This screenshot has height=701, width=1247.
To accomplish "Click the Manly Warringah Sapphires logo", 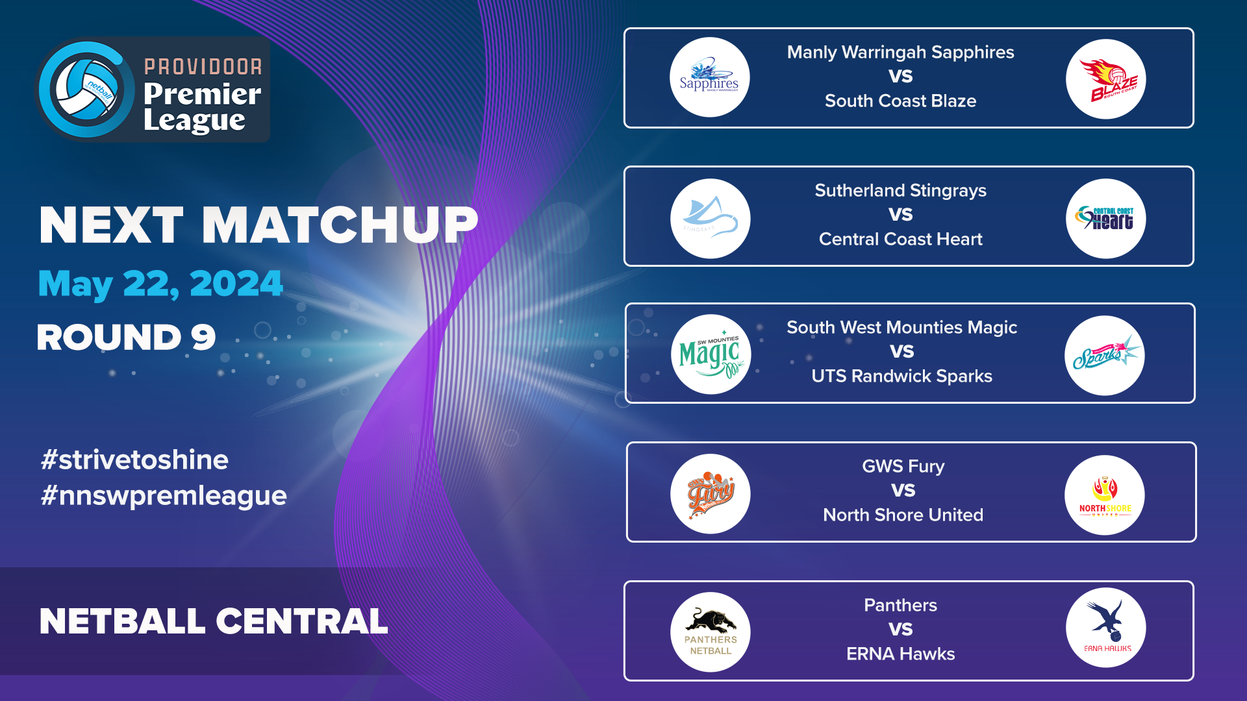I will (x=709, y=78).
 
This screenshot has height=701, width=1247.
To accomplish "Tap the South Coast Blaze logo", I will (x=1105, y=79).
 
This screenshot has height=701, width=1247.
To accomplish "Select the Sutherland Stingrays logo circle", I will (x=710, y=219).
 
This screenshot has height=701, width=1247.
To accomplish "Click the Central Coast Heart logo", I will (x=1105, y=219).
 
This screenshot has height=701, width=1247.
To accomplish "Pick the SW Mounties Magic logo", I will (x=711, y=354).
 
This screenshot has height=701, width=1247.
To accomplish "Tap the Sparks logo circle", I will (x=1104, y=356).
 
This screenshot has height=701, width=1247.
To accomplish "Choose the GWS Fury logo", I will (x=710, y=494).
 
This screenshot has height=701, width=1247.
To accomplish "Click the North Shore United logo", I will (x=1104, y=495).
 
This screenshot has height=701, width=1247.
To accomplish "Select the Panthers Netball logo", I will (x=710, y=632).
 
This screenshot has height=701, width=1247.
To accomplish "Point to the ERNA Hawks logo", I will (x=1105, y=628).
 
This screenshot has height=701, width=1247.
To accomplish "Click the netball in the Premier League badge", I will (x=86, y=89).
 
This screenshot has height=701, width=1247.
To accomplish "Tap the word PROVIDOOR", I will (x=203, y=67).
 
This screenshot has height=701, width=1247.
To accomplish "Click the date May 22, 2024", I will (x=160, y=284).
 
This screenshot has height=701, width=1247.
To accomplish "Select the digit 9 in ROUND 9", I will (x=203, y=338).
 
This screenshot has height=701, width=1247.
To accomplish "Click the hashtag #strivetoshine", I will (x=134, y=460).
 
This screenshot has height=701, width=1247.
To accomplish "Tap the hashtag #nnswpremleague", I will (x=164, y=495).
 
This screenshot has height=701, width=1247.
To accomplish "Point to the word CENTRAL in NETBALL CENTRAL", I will (x=301, y=621).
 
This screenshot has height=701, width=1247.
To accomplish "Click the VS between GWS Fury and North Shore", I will (x=903, y=490).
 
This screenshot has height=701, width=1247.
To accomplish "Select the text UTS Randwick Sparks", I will (x=901, y=376).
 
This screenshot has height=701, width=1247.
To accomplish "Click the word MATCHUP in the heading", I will (x=340, y=225).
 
